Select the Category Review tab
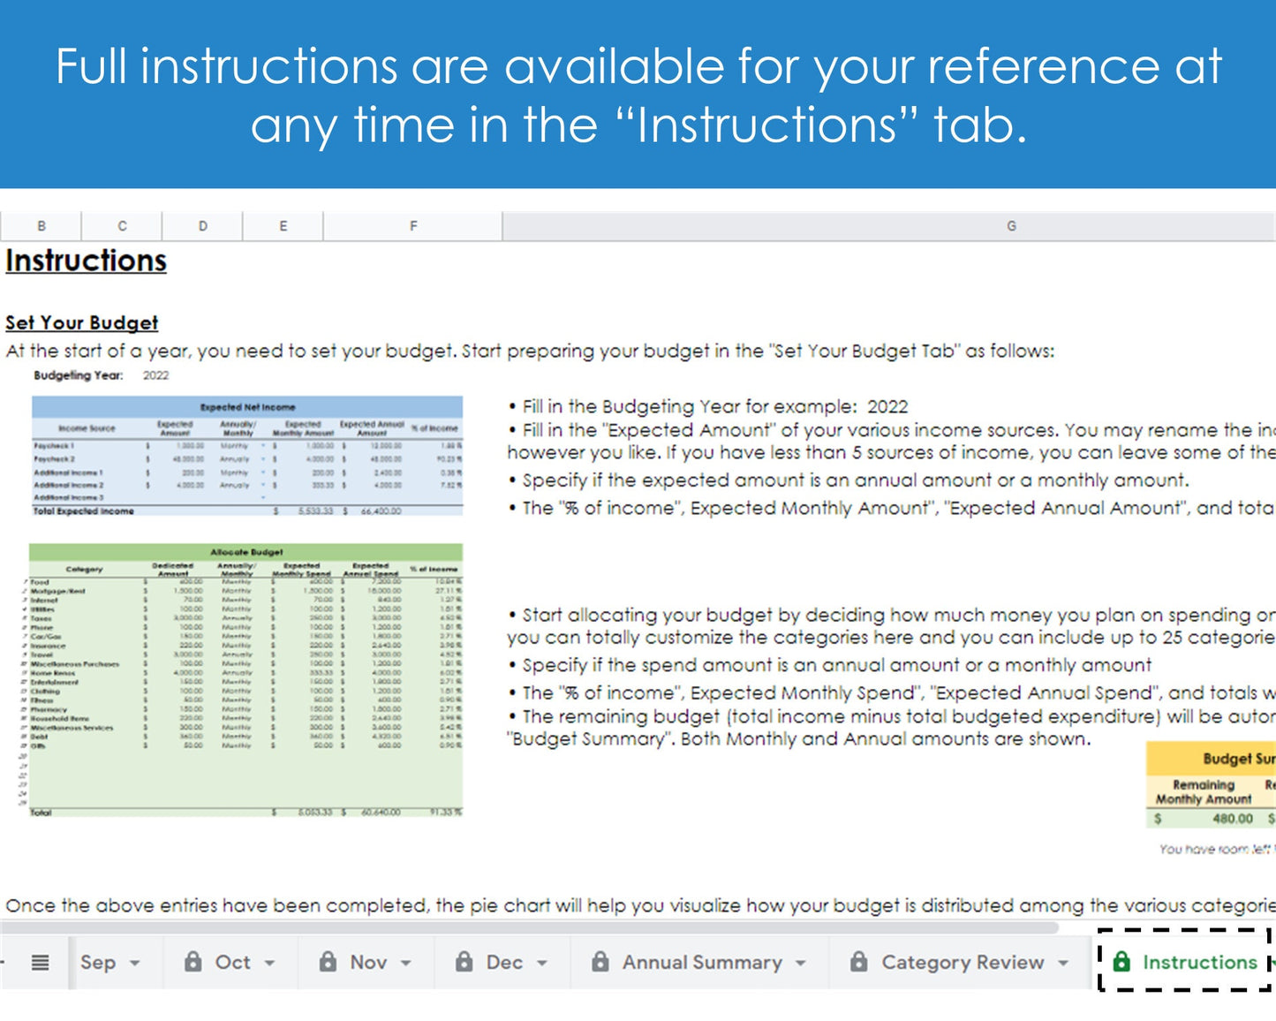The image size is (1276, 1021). (x=962, y=962)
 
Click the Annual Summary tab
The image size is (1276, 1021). (x=701, y=962)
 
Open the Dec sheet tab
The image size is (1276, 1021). (x=503, y=962)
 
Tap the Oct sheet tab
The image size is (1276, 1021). (x=232, y=962)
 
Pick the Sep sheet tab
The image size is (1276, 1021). (x=98, y=962)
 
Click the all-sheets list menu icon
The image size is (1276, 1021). (x=41, y=962)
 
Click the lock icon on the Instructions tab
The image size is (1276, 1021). (x=1121, y=962)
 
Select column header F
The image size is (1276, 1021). (x=412, y=226)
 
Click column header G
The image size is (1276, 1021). (x=1011, y=226)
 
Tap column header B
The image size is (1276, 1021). (x=42, y=226)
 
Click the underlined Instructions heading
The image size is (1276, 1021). (x=86, y=261)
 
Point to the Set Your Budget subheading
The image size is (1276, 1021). (x=81, y=322)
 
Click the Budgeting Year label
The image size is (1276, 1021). (x=78, y=375)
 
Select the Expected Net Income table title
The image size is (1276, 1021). (x=247, y=407)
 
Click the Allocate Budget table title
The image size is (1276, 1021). (x=246, y=552)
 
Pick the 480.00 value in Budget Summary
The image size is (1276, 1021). (x=1232, y=819)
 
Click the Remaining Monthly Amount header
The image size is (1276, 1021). (x=1203, y=791)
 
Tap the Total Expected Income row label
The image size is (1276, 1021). (x=84, y=511)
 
